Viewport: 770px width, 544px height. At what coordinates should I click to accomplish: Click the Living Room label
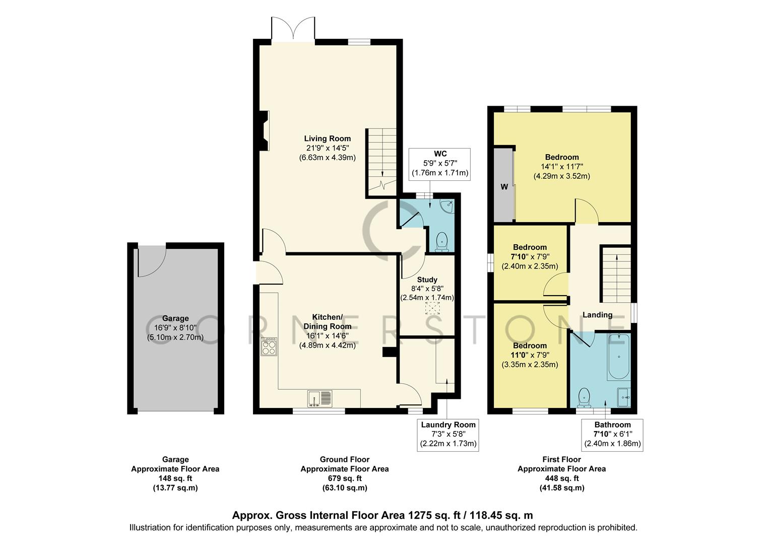[x=327, y=139]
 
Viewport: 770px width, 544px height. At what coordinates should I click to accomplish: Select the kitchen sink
[x=319, y=398]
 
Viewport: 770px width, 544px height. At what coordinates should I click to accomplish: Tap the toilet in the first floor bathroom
[x=584, y=397]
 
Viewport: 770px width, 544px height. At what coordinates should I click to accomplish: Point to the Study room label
[x=427, y=280]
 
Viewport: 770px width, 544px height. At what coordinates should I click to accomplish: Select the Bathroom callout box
[x=612, y=434]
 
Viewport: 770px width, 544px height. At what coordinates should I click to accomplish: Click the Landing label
[x=597, y=315]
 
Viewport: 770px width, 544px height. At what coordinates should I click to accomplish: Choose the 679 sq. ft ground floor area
[x=345, y=478]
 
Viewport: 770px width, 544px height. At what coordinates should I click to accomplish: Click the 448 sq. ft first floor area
[x=561, y=478]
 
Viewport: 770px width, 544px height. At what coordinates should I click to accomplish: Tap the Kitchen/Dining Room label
[x=327, y=321]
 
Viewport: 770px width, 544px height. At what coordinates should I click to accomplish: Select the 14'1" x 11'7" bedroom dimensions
[x=561, y=167]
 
